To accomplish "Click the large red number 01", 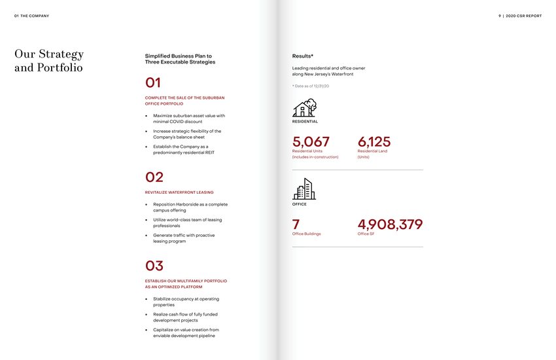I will pyautogui.click(x=153, y=83).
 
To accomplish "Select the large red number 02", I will pyautogui.click(x=154, y=177).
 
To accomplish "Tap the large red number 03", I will pyautogui.click(x=154, y=266).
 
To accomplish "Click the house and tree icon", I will pyautogui.click(x=305, y=108).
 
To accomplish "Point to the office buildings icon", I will pyautogui.click(x=304, y=189).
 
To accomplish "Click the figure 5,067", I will pyautogui.click(x=311, y=142).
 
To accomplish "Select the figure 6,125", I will pyautogui.click(x=374, y=142).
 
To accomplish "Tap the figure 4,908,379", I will pyautogui.click(x=390, y=225).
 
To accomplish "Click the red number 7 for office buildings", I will pyautogui.click(x=296, y=225).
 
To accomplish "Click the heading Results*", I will pyautogui.click(x=303, y=56).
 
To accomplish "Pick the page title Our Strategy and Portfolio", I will pyautogui.click(x=49, y=60).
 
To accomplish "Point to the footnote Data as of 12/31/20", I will pyautogui.click(x=311, y=86).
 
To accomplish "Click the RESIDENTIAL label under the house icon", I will pyautogui.click(x=305, y=122).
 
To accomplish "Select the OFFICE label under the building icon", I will pyautogui.click(x=300, y=204).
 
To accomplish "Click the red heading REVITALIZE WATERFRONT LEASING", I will pyautogui.click(x=179, y=192).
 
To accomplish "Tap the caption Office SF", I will pyautogui.click(x=366, y=234).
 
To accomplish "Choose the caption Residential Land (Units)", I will pyautogui.click(x=372, y=154).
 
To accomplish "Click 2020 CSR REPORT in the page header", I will pyautogui.click(x=523, y=16).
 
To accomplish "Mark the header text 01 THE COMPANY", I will pyautogui.click(x=31, y=16).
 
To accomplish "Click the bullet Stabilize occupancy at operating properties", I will pyautogui.click(x=186, y=302).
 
